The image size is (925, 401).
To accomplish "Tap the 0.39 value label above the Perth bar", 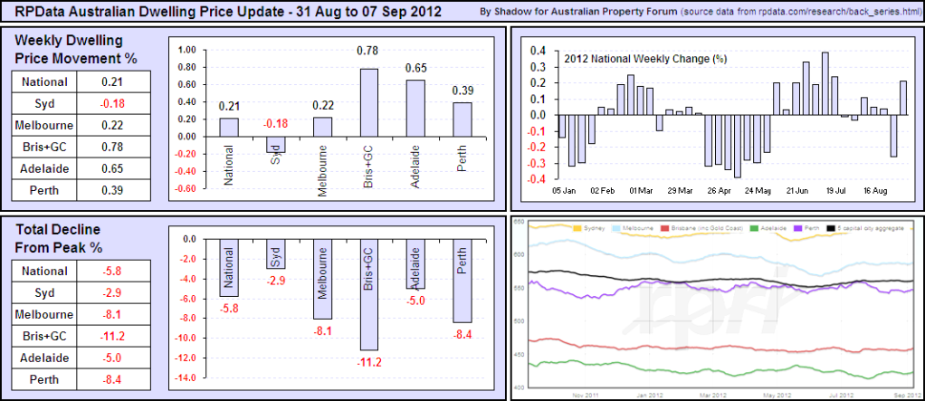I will pyautogui.click(x=462, y=91).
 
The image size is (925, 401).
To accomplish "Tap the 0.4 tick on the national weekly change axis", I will pyautogui.click(x=540, y=51).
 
